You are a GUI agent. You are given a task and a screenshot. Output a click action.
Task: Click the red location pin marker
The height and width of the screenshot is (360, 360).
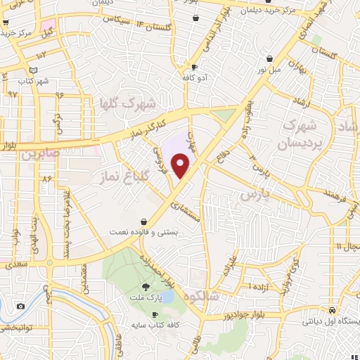point(181,166)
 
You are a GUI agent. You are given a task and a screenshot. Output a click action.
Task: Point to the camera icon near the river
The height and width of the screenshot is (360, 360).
point(20,306)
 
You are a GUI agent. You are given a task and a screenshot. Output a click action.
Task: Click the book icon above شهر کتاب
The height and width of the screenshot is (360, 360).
point(34,70)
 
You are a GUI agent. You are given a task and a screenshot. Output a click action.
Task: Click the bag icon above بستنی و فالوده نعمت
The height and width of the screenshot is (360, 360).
point(143,220)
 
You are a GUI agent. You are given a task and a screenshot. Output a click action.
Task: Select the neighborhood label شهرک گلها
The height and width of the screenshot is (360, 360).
point(124,103)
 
